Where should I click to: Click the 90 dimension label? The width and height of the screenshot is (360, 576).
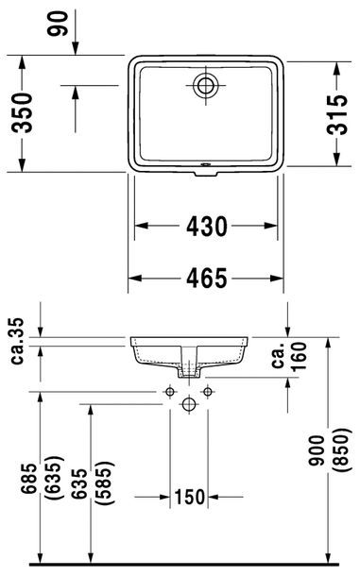58,24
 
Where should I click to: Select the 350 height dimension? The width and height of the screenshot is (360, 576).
22,112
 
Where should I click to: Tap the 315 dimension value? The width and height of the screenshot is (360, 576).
337,114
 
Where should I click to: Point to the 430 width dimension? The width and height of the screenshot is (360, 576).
207,226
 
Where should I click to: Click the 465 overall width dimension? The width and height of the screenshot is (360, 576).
207,278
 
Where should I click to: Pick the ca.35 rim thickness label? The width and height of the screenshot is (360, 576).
17,341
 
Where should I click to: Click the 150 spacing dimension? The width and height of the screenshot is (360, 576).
189,497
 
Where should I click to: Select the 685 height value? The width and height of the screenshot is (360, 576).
29,479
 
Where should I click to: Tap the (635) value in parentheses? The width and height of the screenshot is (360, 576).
54,478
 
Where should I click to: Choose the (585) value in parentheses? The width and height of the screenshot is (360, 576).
105,483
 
